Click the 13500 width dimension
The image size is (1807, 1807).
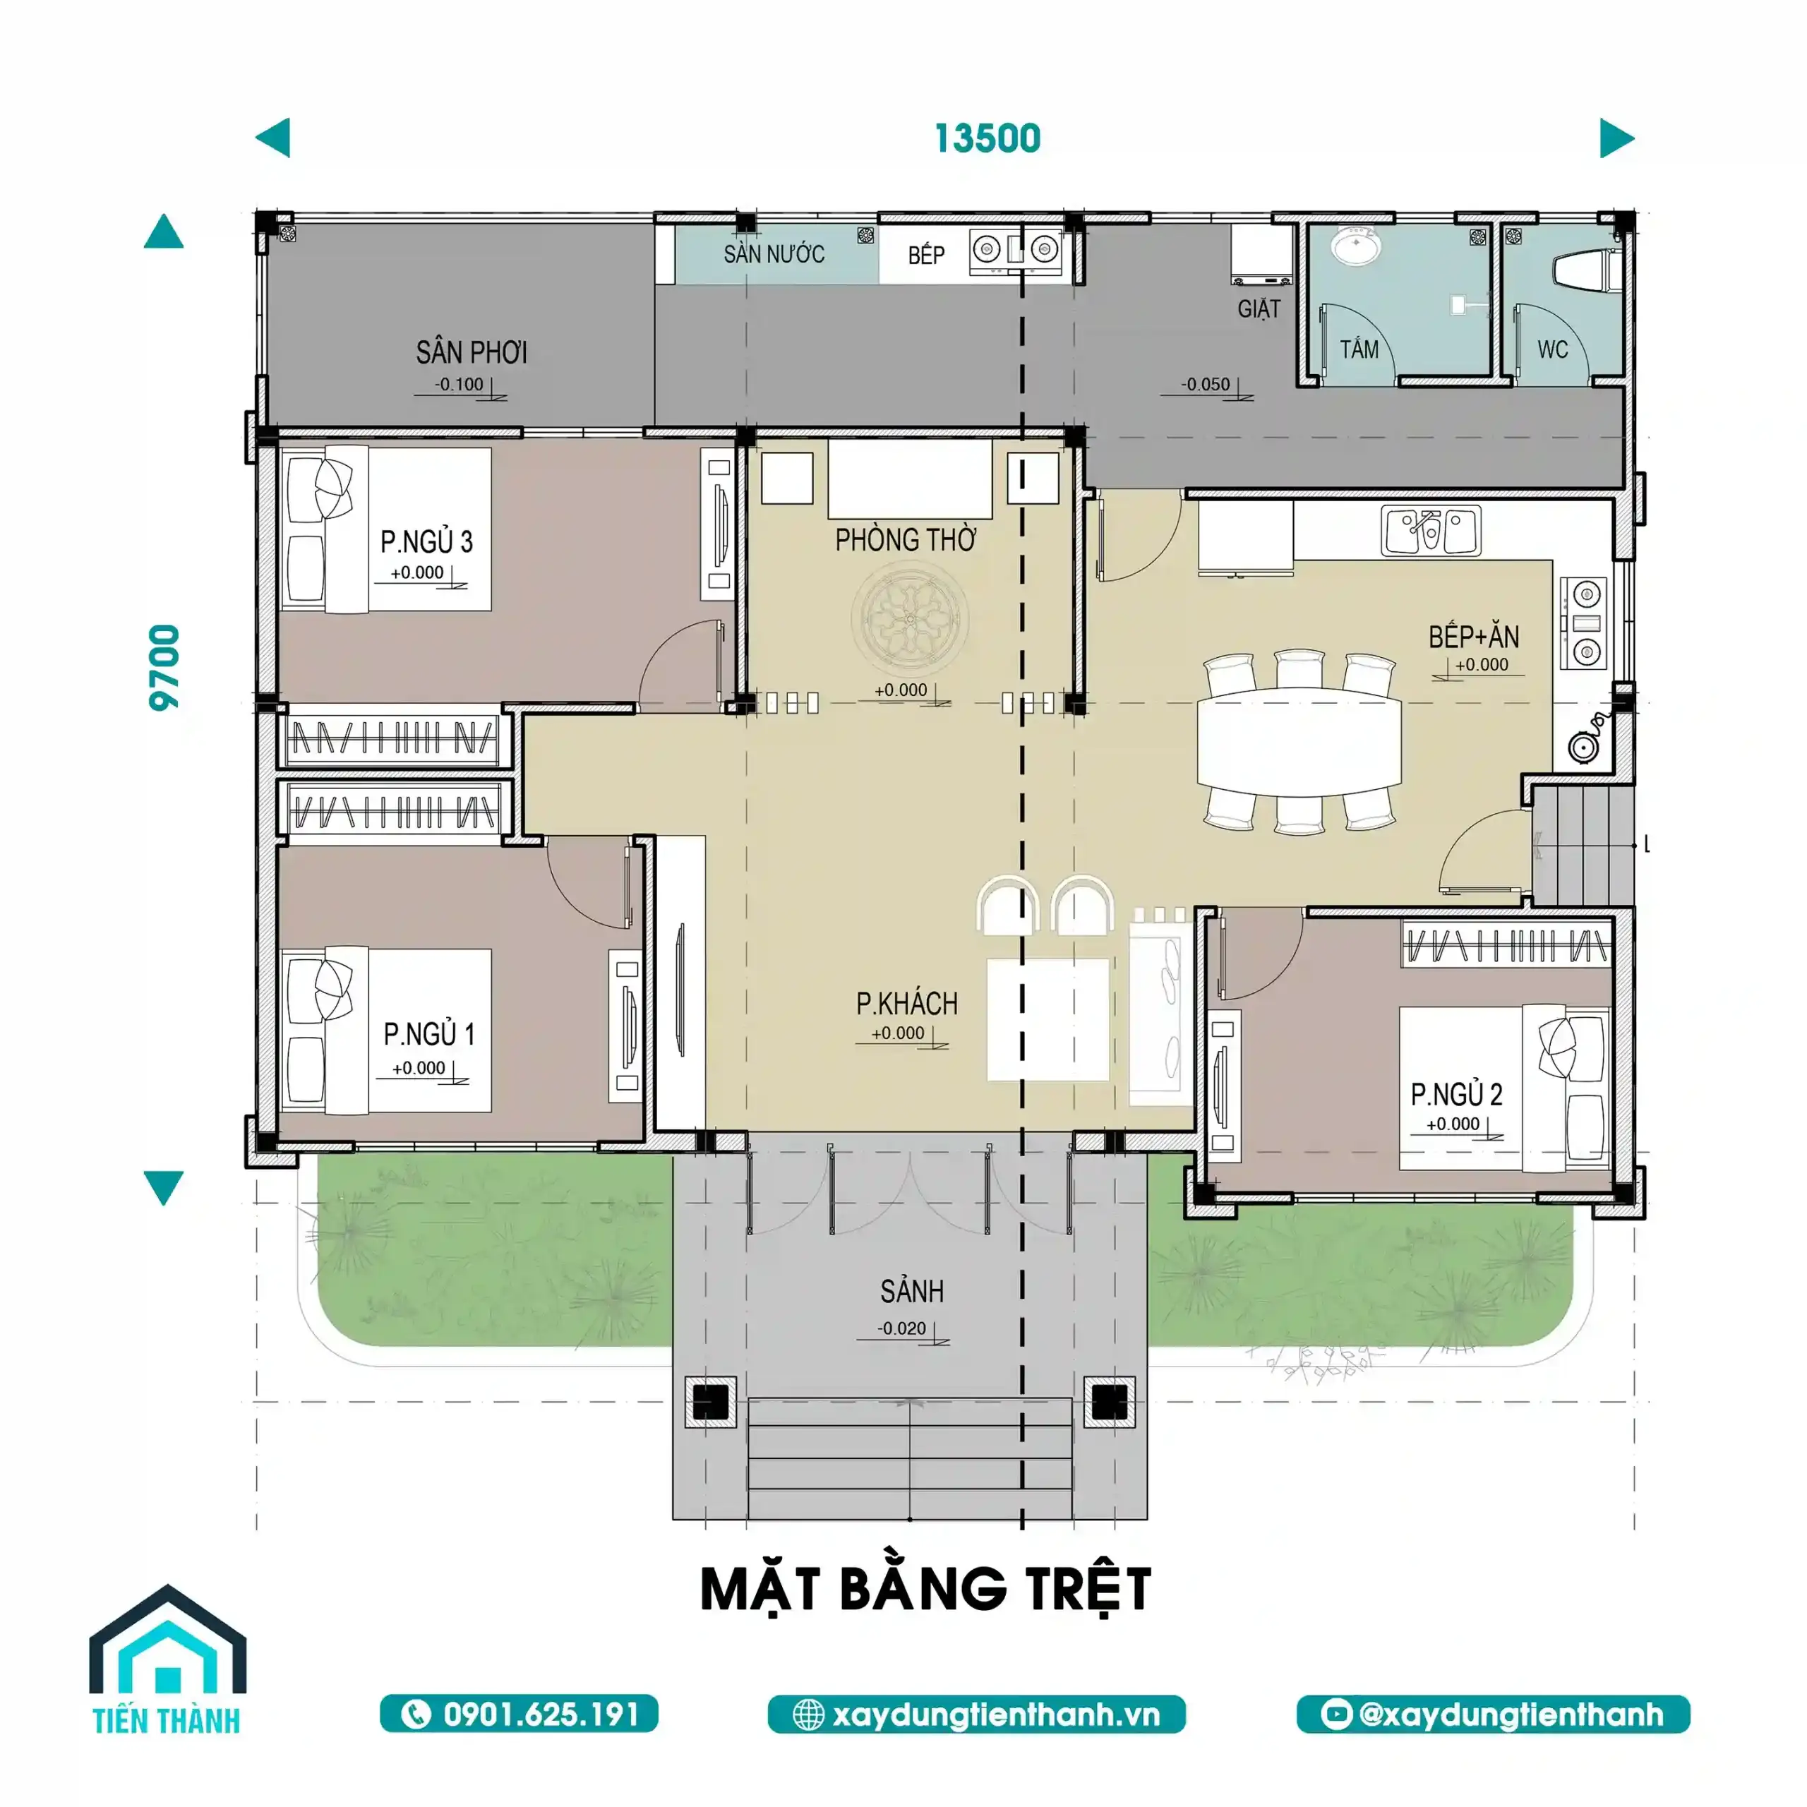click(987, 138)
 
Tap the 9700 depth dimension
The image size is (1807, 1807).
click(164, 667)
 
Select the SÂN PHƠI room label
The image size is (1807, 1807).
click(472, 353)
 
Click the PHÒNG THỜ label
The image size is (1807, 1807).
click(906, 540)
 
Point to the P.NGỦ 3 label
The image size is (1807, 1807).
click(426, 541)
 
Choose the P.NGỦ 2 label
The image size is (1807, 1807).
click(1456, 1094)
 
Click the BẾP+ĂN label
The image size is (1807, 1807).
click(1473, 637)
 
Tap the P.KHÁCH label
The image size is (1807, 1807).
click(907, 1004)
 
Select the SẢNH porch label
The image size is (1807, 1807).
click(912, 1292)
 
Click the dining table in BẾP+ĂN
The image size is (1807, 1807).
click(1299, 740)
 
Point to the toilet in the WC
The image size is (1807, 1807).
click(1587, 270)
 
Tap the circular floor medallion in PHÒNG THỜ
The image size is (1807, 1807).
click(909, 618)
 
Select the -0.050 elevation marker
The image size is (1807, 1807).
click(1206, 385)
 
